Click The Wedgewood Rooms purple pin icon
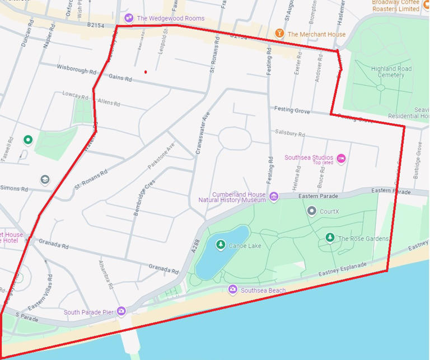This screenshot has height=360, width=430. click(129, 18)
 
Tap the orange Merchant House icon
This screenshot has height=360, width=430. click(279, 34)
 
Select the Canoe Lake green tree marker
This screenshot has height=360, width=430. click(221, 245)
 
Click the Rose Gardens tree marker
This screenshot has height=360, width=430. click(330, 238)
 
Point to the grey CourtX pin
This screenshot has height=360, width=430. click(312, 211)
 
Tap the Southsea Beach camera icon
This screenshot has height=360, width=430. click(233, 289)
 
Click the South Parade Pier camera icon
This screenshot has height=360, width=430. click(121, 311)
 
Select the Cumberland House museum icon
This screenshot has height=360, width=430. click(274, 196)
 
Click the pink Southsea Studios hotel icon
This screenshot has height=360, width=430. click(341, 159)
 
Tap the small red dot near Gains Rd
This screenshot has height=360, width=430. click(146, 72)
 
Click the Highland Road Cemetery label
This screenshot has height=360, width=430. click(391, 72)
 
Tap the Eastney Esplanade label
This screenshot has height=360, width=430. click(342, 268)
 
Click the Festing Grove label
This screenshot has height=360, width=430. click(292, 110)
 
